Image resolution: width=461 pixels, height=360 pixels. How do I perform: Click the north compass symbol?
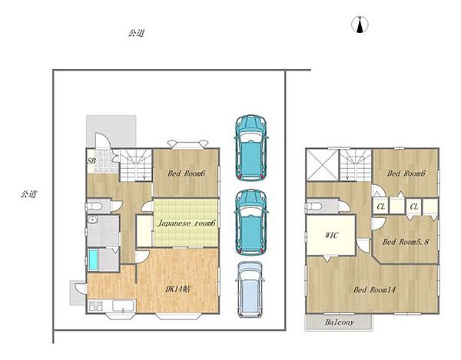(x=360, y=25)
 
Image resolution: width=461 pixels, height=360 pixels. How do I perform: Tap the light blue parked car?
(x=250, y=289)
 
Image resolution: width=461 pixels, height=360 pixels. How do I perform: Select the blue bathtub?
(x=93, y=260)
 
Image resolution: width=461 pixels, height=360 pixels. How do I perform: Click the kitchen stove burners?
(x=96, y=306)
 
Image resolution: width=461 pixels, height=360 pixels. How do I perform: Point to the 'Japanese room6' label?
(x=187, y=223)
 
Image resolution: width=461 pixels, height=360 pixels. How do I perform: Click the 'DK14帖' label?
(x=177, y=289)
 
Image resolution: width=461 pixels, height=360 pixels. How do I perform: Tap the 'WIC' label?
(x=332, y=235)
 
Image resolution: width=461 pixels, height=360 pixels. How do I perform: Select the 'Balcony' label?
(x=340, y=322)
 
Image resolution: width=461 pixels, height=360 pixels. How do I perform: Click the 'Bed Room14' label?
(x=374, y=290)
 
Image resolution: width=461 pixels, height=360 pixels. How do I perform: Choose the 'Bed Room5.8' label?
(x=406, y=242)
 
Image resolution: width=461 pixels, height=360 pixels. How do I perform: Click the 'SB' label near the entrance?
(x=91, y=160)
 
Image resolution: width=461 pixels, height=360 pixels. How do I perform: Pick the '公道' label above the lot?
(x=136, y=33)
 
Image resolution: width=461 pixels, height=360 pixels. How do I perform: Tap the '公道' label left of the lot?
(x=28, y=194)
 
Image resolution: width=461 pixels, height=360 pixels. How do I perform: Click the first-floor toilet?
(x=94, y=206)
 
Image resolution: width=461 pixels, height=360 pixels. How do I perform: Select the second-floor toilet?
(x=313, y=206)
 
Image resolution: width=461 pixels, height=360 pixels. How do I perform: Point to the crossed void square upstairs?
(x=322, y=165)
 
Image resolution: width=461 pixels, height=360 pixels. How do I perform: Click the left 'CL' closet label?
(x=381, y=206)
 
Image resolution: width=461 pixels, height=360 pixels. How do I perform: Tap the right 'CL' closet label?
(x=414, y=206)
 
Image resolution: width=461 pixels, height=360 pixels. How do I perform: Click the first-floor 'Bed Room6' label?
(x=186, y=173)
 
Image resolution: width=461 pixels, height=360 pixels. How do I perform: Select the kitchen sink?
(x=123, y=306)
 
